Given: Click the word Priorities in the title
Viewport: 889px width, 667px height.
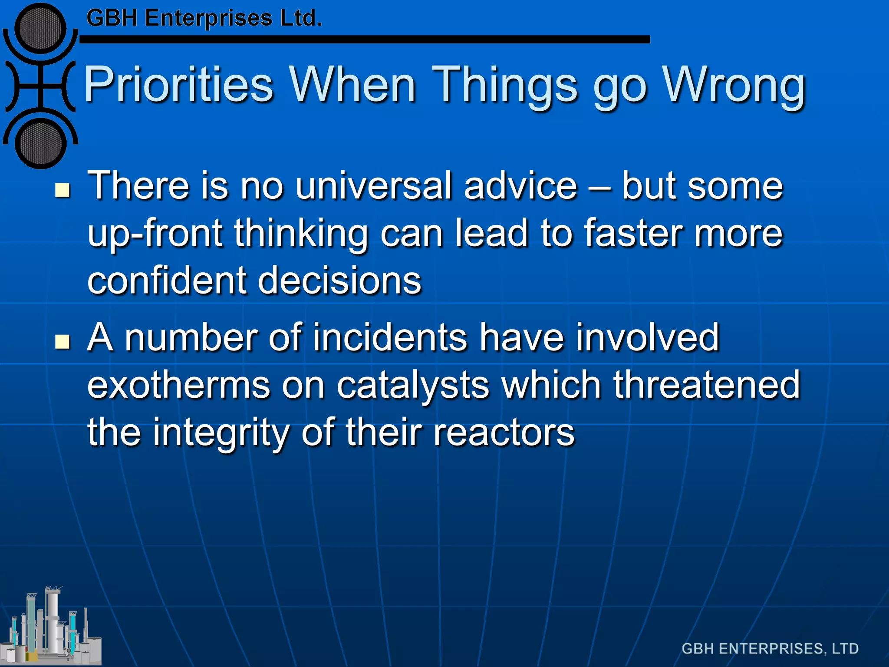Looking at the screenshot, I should click(x=178, y=85).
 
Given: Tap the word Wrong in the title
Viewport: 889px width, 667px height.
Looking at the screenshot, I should click(x=734, y=85).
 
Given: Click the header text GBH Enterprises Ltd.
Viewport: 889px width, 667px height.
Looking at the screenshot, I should click(x=204, y=18).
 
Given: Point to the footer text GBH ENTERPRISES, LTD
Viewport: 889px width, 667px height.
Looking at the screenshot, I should click(x=770, y=649).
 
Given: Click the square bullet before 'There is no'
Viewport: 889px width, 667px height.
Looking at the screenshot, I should click(x=63, y=190).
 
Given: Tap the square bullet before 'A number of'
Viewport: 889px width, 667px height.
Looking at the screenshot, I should click(x=63, y=342).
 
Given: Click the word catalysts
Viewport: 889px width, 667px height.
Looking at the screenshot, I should click(x=412, y=385).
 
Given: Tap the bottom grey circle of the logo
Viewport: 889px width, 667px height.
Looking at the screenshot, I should click(x=40, y=143).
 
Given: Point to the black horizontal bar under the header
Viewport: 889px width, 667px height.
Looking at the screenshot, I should click(x=365, y=40).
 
